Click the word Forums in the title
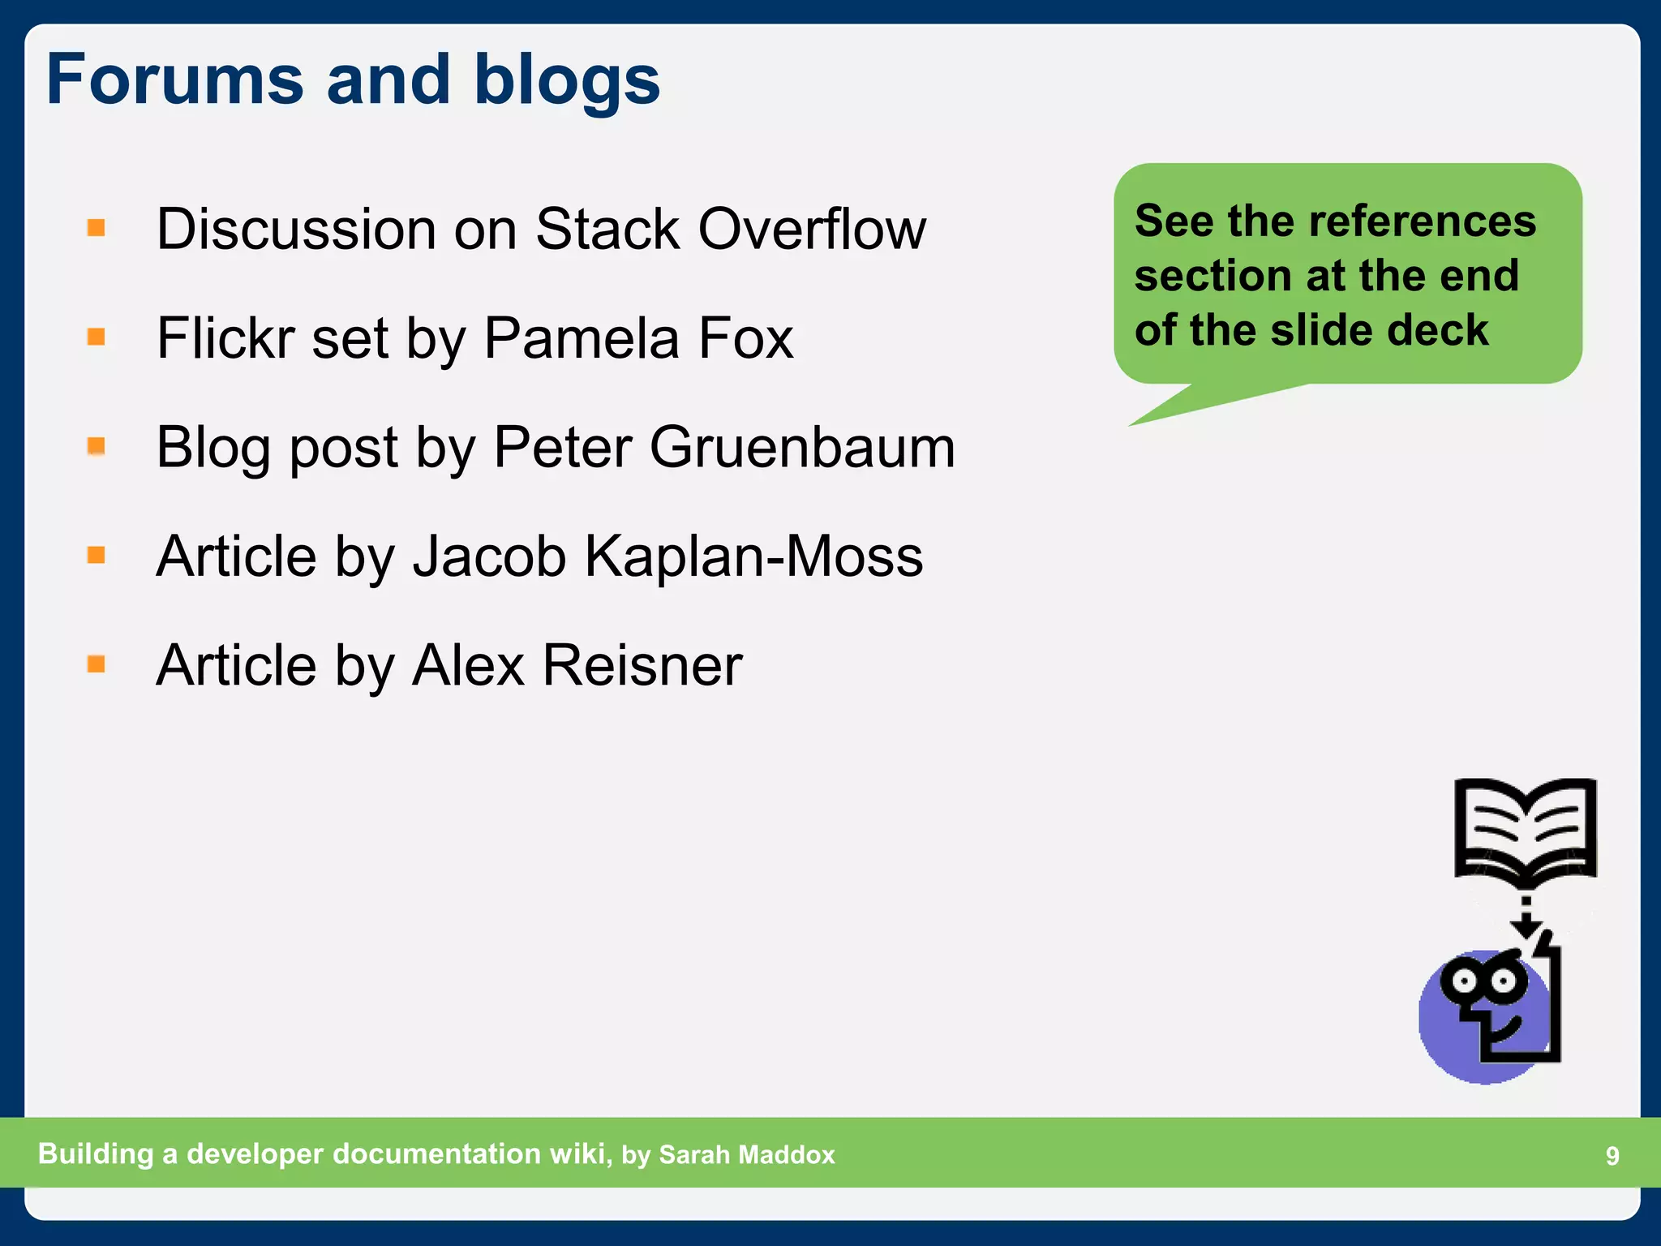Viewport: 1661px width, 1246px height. pyautogui.click(x=174, y=79)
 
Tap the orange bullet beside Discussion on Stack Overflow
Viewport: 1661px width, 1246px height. pyautogui.click(x=97, y=228)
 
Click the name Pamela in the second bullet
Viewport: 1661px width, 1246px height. pyautogui.click(x=581, y=338)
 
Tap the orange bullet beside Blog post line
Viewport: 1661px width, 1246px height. pyautogui.click(x=97, y=446)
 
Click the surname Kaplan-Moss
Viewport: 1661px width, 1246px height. pyautogui.click(x=753, y=556)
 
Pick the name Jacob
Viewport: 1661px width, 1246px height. pyautogui.click(x=489, y=556)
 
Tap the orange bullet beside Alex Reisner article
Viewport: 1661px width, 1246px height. pyautogui.click(x=97, y=664)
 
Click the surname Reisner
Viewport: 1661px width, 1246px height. pyautogui.click(x=642, y=665)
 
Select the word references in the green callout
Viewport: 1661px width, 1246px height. pyautogui.click(x=1423, y=221)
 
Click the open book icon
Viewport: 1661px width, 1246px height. pyautogui.click(x=1525, y=831)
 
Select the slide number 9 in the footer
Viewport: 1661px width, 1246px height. pyautogui.click(x=1612, y=1156)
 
